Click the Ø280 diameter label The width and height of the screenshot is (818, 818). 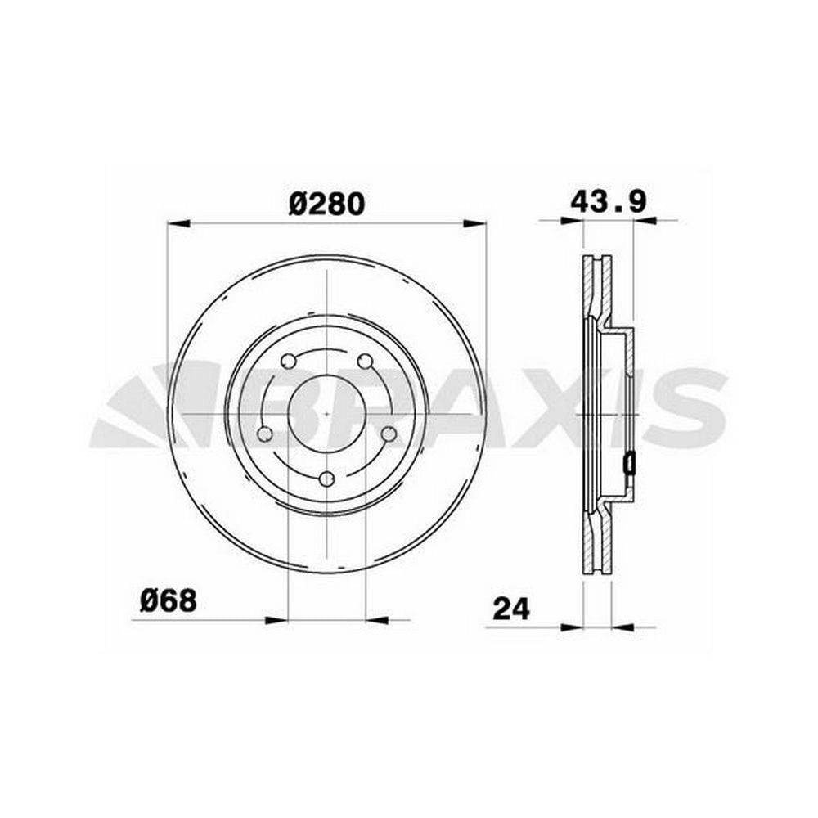point(326,204)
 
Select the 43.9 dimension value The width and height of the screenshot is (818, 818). point(609,201)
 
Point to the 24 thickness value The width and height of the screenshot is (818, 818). point(510,609)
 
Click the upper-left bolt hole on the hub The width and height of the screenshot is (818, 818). point(288,361)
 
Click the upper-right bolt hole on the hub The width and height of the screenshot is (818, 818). point(365,361)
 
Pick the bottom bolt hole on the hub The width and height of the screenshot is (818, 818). point(326,479)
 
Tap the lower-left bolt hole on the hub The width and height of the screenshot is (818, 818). point(265,434)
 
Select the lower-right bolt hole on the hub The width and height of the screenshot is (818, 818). point(389,434)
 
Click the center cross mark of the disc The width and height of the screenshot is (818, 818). point(326,414)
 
